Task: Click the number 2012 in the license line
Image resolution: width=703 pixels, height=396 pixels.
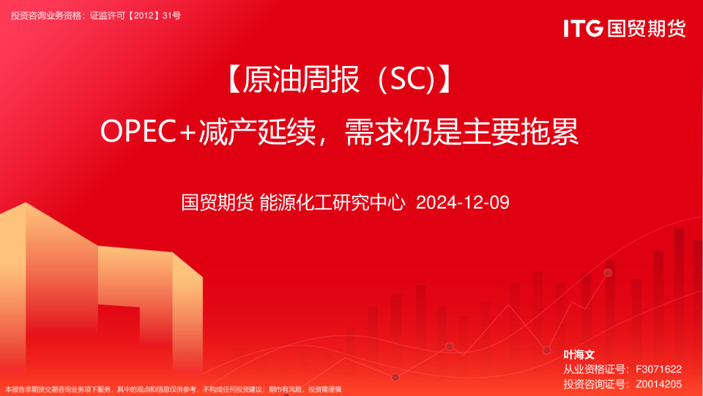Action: click(144, 15)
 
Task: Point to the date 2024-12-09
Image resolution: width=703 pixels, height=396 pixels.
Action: click(463, 202)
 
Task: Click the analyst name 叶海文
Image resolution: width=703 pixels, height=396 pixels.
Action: click(579, 355)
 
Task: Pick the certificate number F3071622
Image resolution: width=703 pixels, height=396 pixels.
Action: click(658, 369)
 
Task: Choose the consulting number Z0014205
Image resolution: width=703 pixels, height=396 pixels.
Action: click(658, 384)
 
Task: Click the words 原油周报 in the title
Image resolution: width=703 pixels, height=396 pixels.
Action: click(301, 79)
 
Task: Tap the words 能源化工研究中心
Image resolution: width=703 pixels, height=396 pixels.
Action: click(332, 202)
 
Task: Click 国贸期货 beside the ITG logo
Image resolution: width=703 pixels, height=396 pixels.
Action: click(647, 29)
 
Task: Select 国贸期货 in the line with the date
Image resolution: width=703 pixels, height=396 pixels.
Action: click(217, 202)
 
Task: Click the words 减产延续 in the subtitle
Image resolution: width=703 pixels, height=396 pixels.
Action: click(257, 131)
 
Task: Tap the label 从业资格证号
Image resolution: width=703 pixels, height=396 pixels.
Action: click(594, 369)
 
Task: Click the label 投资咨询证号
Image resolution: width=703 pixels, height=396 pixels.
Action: click(594, 384)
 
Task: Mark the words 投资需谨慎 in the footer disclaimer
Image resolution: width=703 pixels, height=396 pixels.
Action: click(325, 389)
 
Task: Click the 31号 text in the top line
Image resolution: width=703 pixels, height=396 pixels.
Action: click(171, 15)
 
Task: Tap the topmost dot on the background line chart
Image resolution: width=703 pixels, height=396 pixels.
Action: click(608, 273)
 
